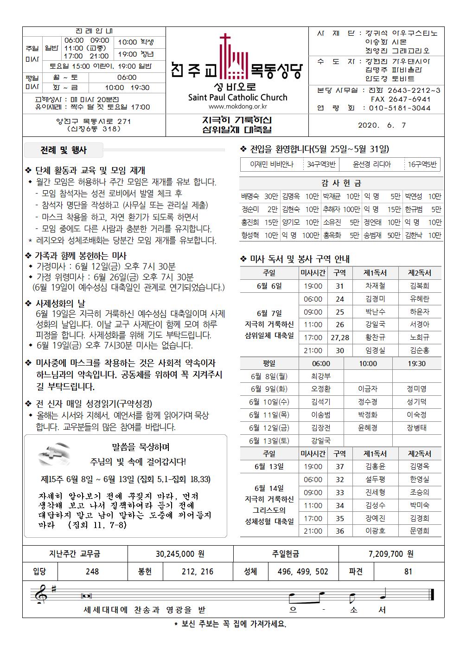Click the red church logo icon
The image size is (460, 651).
tap(237, 58)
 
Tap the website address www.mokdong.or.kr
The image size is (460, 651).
tap(237, 107)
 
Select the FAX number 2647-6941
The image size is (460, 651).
tap(401, 99)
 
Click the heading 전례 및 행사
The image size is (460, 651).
tap(64, 150)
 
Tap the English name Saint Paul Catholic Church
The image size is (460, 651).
tap(237, 97)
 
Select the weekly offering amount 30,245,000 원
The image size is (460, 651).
tap(180, 554)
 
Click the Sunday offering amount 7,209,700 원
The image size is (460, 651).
tap(391, 554)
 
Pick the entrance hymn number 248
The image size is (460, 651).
tap(92, 571)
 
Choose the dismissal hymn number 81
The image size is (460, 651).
tap(408, 571)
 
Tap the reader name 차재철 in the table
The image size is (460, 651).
tap(375, 286)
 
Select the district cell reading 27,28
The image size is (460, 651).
tap(340, 338)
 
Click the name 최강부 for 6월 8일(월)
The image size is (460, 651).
tap(321, 376)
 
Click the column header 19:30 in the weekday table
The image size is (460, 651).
tap(416, 363)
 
